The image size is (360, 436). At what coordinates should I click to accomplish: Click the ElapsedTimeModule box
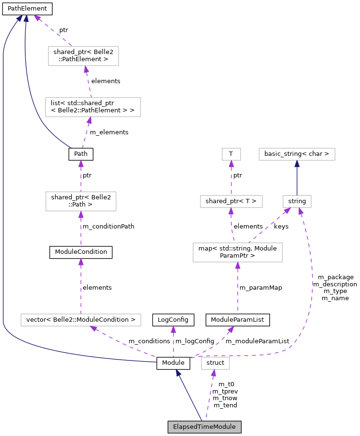click(x=204, y=426)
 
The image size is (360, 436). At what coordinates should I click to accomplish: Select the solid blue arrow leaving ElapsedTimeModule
click(x=189, y=395)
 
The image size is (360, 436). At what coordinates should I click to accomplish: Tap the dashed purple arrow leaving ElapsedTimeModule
click(x=210, y=395)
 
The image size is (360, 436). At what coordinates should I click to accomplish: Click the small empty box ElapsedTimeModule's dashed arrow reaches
click(x=215, y=363)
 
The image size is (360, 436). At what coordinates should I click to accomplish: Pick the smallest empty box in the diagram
click(x=231, y=154)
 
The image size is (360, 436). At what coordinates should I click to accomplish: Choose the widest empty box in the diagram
click(x=81, y=320)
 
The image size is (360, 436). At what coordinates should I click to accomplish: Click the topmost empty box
click(x=83, y=56)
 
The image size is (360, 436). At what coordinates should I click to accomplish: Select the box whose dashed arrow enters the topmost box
click(x=93, y=107)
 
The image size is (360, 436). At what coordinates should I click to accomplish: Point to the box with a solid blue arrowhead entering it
click(x=297, y=154)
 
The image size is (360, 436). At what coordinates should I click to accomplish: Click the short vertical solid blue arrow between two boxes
click(x=297, y=178)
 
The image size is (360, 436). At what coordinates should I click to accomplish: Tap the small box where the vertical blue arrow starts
click(x=297, y=201)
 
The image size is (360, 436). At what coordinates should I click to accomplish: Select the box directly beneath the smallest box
click(x=231, y=201)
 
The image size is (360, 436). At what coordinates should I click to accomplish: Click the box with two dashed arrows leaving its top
click(x=238, y=252)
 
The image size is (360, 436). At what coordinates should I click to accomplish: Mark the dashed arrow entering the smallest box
click(x=231, y=178)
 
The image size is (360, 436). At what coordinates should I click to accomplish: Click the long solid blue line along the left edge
click(x=3, y=191)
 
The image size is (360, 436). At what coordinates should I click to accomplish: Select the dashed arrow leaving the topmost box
click(x=53, y=31)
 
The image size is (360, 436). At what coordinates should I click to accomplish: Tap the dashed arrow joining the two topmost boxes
click(x=88, y=81)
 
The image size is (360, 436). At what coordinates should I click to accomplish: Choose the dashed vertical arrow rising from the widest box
click(x=81, y=287)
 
